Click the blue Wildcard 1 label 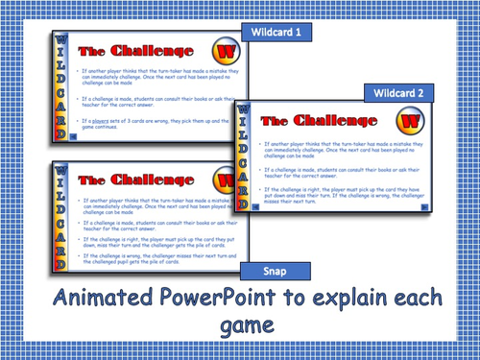276,32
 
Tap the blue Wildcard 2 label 398,92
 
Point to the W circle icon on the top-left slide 223,51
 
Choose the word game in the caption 245,326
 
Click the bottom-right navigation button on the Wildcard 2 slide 423,206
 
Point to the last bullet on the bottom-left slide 154,259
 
